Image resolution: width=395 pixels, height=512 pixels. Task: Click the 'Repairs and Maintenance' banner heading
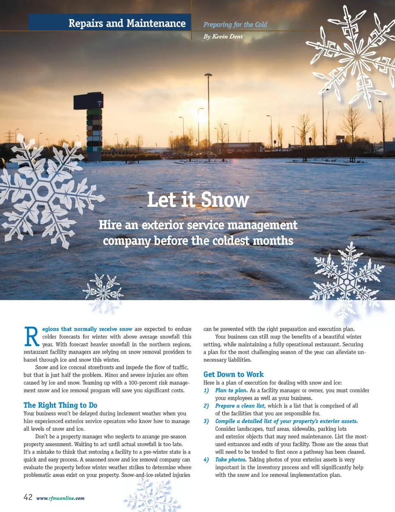[127, 23]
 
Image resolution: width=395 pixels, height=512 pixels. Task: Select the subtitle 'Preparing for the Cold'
[235, 25]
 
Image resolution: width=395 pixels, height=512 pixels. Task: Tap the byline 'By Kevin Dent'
[223, 37]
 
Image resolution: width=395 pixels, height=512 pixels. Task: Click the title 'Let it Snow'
[198, 200]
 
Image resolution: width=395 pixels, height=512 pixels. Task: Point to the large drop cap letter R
[32, 336]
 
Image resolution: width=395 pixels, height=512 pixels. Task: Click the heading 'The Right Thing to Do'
[60, 405]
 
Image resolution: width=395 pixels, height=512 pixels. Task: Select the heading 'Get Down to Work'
[233, 374]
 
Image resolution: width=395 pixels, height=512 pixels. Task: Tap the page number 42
[28, 497]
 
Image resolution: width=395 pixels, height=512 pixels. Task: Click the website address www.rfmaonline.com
[60, 498]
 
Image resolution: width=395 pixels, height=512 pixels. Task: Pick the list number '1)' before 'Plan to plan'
[206, 390]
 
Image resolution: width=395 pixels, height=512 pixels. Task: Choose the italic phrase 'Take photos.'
[231, 460]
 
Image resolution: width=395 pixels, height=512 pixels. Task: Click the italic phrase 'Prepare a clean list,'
[240, 406]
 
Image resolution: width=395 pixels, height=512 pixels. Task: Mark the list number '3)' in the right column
[206, 421]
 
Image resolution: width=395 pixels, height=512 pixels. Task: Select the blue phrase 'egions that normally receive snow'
[87, 329]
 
